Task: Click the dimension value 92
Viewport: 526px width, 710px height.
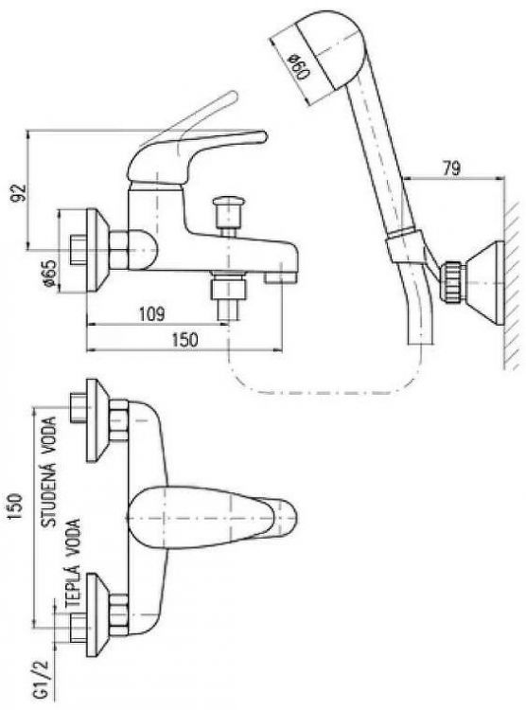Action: click(19, 193)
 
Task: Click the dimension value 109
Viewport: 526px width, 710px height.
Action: click(151, 313)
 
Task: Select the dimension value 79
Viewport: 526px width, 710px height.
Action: click(451, 168)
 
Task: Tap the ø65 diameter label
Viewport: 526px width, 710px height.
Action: click(50, 272)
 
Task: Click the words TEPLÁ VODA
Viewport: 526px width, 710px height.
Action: click(73, 563)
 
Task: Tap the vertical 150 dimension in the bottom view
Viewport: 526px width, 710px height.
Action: click(16, 506)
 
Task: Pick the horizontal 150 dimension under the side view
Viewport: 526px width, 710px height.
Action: click(184, 339)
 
